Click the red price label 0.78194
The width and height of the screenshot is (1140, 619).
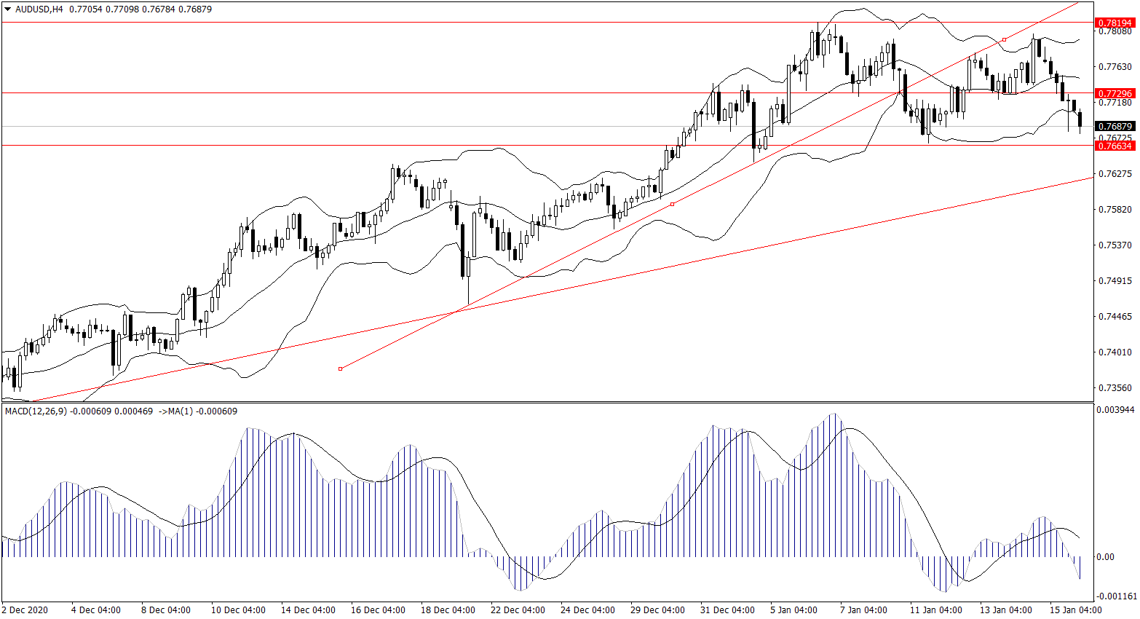(1115, 23)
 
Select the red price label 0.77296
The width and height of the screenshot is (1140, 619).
(1115, 93)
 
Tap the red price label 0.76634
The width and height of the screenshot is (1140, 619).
(1115, 146)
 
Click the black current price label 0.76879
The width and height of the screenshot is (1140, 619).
(1115, 127)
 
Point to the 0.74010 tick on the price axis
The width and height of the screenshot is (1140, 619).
(1115, 352)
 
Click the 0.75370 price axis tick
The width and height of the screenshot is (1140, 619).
(1115, 245)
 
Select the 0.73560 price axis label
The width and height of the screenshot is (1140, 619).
(1115, 388)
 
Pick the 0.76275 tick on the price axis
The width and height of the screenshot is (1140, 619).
(1115, 174)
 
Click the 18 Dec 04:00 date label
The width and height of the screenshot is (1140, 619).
(448, 610)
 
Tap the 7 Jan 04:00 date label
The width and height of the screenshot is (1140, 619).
(863, 610)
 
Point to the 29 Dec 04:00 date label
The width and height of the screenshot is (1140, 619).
(657, 610)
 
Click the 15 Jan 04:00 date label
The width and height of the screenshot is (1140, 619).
(1075, 610)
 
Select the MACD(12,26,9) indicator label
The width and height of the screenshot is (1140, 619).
(36, 411)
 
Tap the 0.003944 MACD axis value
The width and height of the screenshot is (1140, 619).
(1115, 410)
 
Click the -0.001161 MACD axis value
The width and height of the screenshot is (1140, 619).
(1115, 596)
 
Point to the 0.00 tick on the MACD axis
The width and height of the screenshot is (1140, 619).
(1105, 557)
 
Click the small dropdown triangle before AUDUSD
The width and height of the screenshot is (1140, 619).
(8, 9)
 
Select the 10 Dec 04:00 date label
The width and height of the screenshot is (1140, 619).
(238, 610)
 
